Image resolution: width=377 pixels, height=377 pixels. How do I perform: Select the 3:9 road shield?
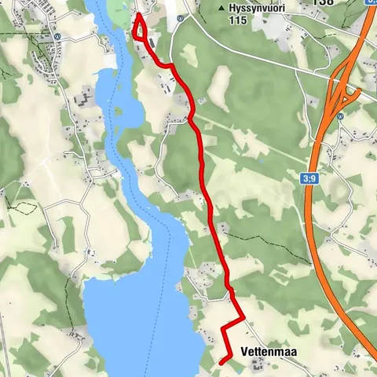[310, 180]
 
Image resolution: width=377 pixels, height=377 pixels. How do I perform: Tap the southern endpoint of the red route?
[221, 361]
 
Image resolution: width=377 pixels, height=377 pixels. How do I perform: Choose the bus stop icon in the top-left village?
[57, 36]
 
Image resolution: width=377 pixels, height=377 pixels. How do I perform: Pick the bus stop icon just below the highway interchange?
[340, 116]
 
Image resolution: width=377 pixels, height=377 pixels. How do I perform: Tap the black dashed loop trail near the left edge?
[24, 209]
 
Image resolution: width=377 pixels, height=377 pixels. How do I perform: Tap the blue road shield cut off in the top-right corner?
[372, 2]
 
